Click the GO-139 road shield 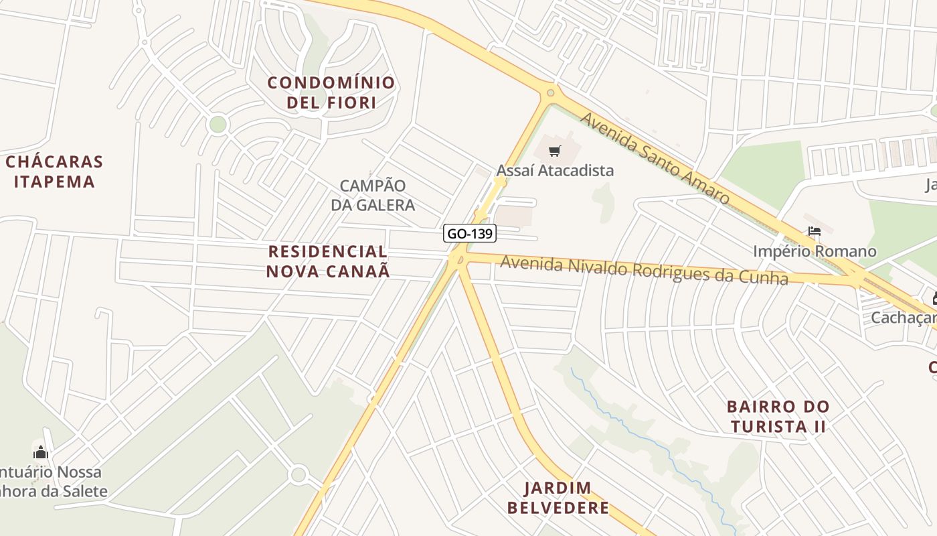coord(469,234)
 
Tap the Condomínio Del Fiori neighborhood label coord(331,92)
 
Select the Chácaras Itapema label coord(54,172)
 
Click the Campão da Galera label coord(373,195)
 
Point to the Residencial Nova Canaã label coord(328,261)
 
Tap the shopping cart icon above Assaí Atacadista coord(554,151)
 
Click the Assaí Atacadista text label coord(555,170)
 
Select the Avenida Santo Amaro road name coord(654,158)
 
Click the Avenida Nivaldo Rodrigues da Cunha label coord(644,270)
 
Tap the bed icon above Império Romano coord(814,232)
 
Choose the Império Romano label coord(815,251)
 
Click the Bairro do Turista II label coord(778,416)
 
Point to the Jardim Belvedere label coord(558,497)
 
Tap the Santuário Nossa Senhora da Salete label coord(54,481)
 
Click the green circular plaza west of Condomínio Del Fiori coord(218,124)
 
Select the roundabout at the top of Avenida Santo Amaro coord(550,92)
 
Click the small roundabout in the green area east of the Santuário coord(299,475)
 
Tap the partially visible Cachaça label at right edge coord(904,317)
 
